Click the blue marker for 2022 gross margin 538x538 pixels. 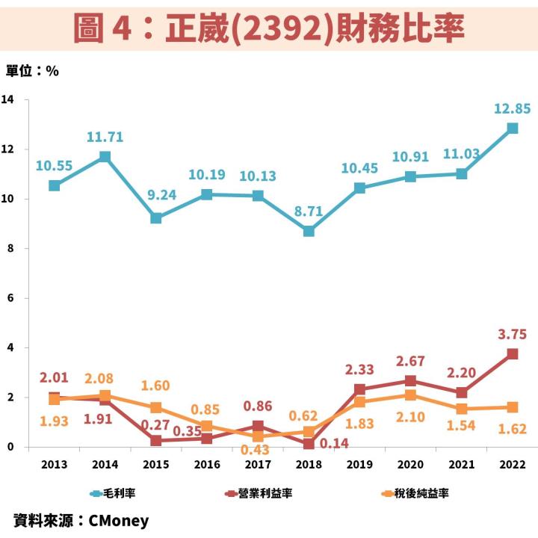coord(513,128)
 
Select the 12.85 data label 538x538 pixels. coord(512,109)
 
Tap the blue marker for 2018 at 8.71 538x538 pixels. coord(309,231)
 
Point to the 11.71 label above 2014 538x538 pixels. coord(105,137)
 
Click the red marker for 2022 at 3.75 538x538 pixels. coord(513,354)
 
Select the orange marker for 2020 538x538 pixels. coord(410,395)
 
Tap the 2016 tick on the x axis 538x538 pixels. coord(207,464)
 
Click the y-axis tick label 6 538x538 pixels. coord(10,298)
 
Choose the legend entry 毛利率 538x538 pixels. coord(120,493)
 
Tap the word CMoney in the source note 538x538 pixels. coord(118,521)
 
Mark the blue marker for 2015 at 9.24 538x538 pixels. coord(156,218)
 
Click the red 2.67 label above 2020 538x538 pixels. coord(410,362)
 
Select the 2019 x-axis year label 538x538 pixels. coord(359,464)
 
